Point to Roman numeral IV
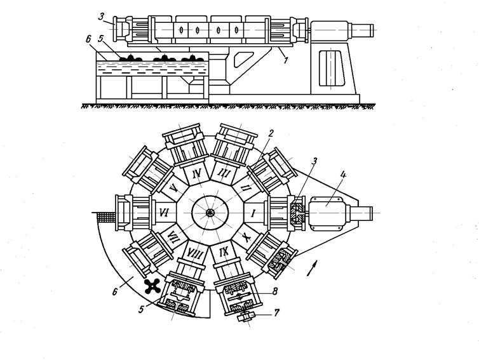point(197,173)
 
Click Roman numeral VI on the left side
point(163,214)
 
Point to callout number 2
point(271,133)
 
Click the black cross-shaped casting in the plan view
point(152,286)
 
